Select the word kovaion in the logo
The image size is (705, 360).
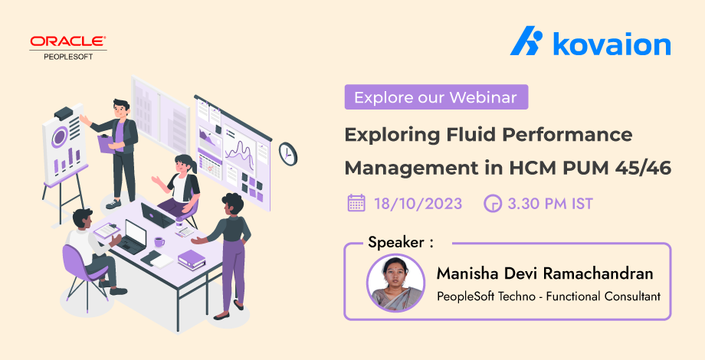tap(611, 44)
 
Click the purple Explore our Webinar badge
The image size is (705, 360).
tap(435, 98)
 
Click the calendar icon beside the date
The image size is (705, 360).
tap(356, 203)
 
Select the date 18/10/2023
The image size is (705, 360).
tap(418, 204)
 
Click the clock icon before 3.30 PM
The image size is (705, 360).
tap(492, 204)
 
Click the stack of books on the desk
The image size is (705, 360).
tap(192, 259)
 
